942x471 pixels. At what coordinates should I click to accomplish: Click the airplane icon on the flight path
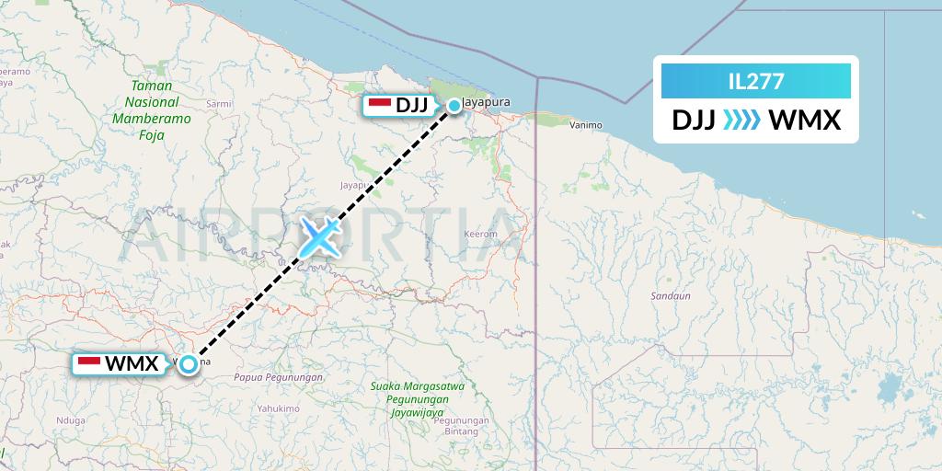tap(318, 237)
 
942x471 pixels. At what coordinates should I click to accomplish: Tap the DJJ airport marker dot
tap(454, 106)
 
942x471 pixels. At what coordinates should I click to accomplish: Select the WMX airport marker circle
tap(189, 364)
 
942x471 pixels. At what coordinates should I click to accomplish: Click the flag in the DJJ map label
tap(379, 105)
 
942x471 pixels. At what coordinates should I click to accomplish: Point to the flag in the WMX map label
tap(89, 362)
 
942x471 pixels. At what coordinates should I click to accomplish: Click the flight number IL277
tap(755, 82)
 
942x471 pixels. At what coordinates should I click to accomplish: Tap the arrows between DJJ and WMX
tap(741, 121)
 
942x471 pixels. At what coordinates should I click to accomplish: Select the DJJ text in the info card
tap(694, 121)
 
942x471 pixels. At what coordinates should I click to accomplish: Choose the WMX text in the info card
tap(804, 121)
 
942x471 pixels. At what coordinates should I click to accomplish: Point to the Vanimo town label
tap(585, 124)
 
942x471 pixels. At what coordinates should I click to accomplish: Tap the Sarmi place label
tap(219, 104)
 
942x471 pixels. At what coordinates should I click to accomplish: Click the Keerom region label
tap(481, 234)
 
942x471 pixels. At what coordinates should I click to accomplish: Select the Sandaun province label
tap(670, 296)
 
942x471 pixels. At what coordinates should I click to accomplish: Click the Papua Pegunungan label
tap(279, 377)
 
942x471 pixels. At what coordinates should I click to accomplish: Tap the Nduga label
tap(71, 419)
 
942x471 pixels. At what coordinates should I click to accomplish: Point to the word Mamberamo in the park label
tap(152, 118)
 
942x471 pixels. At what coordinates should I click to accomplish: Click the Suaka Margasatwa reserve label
tap(417, 386)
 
